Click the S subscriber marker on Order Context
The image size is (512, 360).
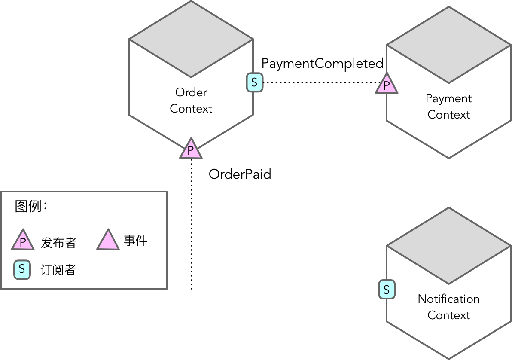pos(254,82)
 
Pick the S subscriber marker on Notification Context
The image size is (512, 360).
pos(387,290)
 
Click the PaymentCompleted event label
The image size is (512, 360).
pos(322,64)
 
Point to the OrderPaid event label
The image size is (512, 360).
pos(240,174)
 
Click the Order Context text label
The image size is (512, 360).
pos(191,101)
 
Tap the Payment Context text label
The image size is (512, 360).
pos(449,107)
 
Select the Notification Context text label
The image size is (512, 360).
pos(449,307)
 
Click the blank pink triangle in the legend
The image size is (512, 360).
pos(108,241)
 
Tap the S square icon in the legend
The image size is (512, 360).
pos(22,270)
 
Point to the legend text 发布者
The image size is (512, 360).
pos(58,243)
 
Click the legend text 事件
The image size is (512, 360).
pos(135,241)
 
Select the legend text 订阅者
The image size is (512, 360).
pos(58,270)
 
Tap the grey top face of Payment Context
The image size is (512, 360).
pos(449,45)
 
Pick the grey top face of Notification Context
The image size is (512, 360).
pos(449,246)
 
